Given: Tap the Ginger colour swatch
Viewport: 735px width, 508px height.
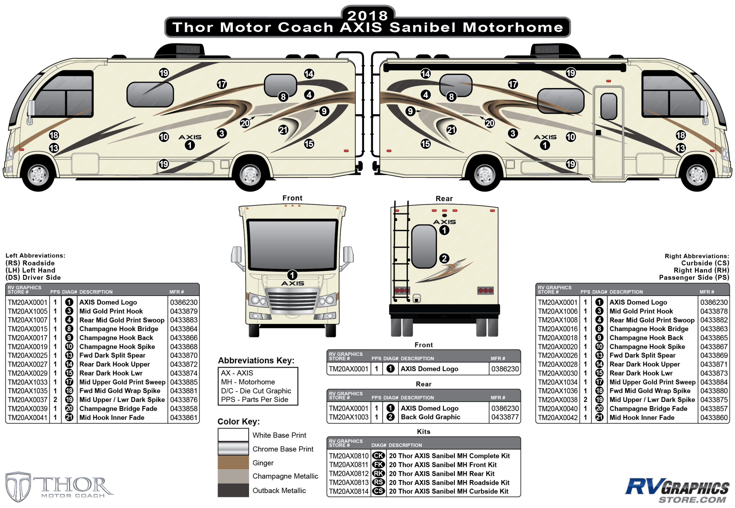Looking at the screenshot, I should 233,462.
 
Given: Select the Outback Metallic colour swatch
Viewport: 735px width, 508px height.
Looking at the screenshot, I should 233,490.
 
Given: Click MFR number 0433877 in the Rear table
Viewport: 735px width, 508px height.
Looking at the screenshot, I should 505,417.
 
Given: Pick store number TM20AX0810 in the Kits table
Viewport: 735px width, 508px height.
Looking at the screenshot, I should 349,455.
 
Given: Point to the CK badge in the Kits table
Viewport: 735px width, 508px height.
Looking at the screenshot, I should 378,455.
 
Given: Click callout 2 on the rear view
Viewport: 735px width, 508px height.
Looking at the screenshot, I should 444,258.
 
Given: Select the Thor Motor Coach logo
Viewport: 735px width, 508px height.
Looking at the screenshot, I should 59,486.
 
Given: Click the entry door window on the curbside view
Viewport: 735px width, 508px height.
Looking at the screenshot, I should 608,106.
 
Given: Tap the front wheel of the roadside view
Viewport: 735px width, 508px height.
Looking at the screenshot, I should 38,175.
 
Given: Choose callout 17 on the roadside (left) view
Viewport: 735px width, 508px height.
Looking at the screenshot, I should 222,84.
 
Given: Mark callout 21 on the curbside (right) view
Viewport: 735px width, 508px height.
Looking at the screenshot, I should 451,130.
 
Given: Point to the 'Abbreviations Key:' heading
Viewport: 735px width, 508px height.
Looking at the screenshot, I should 256,360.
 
